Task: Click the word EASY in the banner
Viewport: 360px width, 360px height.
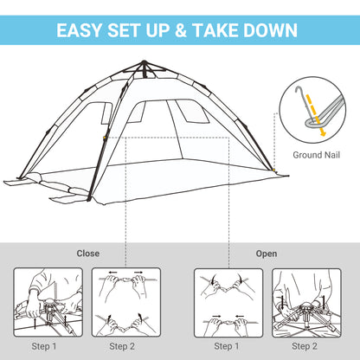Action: (82, 31)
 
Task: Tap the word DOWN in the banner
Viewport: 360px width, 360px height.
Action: (271, 31)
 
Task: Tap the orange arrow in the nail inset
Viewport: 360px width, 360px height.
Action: (318, 123)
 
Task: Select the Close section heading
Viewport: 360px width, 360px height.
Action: (88, 254)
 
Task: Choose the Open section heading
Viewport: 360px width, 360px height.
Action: (267, 254)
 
